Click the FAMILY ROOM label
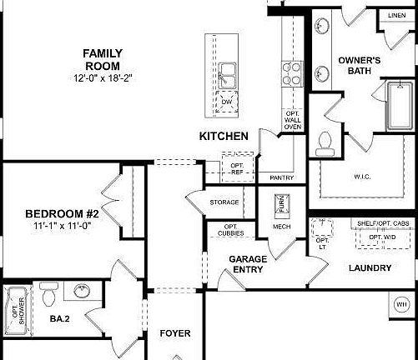103,60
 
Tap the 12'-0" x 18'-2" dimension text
103,78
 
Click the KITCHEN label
223,135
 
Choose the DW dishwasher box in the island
226,101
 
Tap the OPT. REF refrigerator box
237,168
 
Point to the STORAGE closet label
224,202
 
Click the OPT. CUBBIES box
232,231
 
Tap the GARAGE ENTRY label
248,264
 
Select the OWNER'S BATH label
360,66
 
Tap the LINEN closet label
396,16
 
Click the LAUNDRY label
371,268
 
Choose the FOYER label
175,333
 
